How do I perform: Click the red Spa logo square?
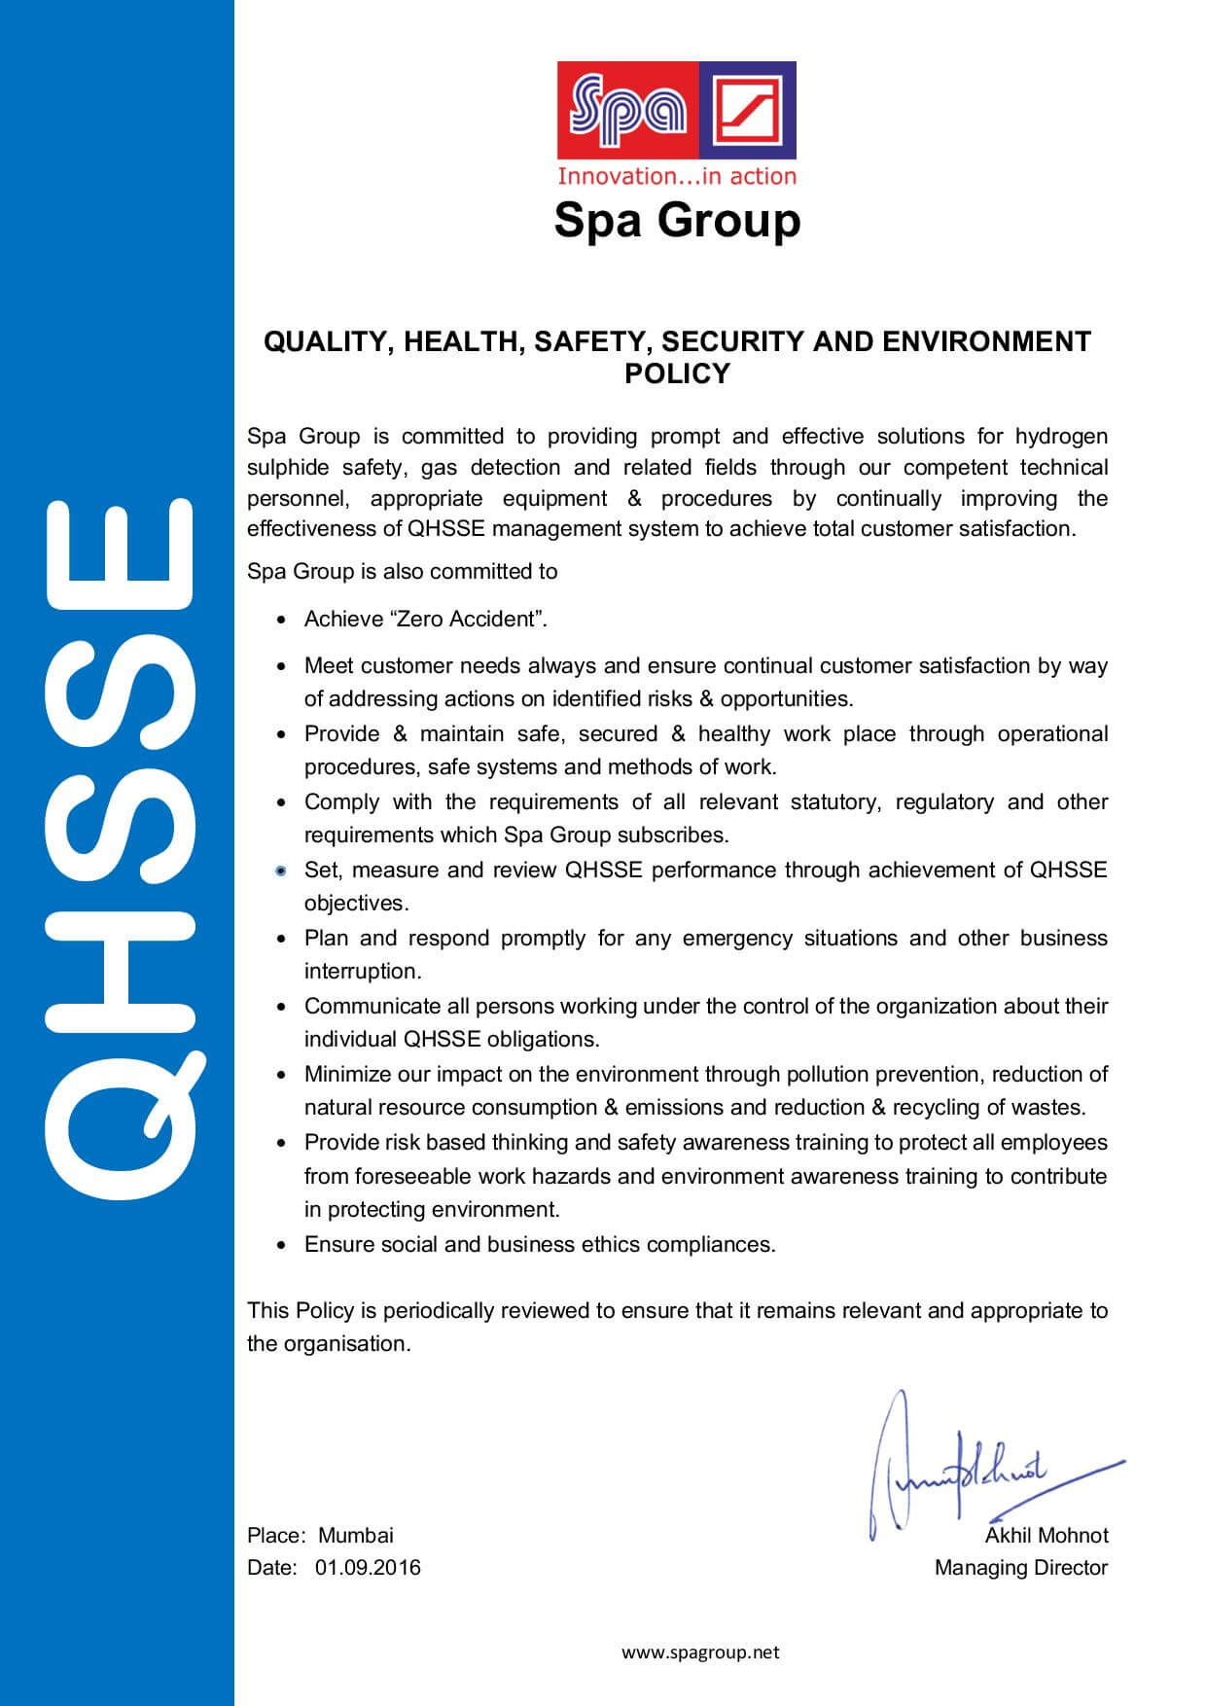pyautogui.click(x=628, y=110)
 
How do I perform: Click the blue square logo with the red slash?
pyautogui.click(x=747, y=110)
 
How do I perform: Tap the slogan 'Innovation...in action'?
pyautogui.click(x=676, y=176)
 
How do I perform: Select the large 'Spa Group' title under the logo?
pyautogui.click(x=677, y=220)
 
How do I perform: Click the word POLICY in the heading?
pyautogui.click(x=677, y=373)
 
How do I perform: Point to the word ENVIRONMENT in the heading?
pyautogui.click(x=987, y=341)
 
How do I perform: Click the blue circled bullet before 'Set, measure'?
pyautogui.click(x=281, y=871)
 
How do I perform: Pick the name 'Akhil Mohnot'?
pyautogui.click(x=1046, y=1535)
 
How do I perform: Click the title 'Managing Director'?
pyautogui.click(x=1021, y=1567)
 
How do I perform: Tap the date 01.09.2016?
pyautogui.click(x=368, y=1567)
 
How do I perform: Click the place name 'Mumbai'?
pyautogui.click(x=356, y=1535)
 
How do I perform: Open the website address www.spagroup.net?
pyautogui.click(x=700, y=1652)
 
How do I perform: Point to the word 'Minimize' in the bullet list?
pyautogui.click(x=346, y=1074)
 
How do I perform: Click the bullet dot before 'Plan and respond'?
pyautogui.click(x=281, y=940)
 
